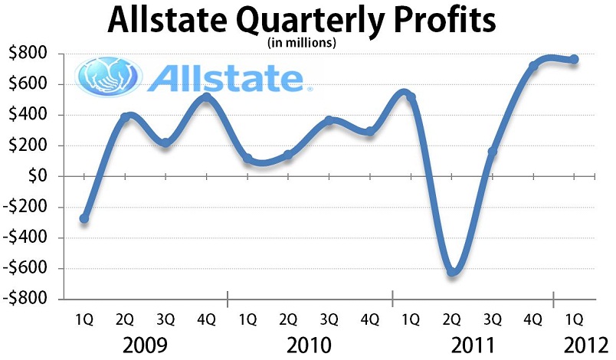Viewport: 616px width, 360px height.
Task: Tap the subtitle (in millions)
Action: point(301,44)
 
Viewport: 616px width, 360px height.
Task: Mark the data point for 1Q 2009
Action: point(84,219)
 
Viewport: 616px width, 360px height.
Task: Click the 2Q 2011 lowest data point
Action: point(452,271)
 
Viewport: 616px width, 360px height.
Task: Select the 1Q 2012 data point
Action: point(574,60)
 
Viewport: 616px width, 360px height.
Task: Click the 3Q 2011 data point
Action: point(493,152)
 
